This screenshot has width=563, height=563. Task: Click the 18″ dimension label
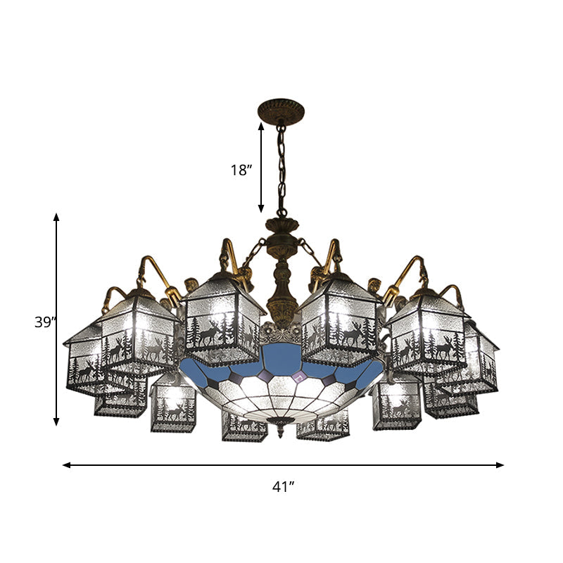[x=241, y=170]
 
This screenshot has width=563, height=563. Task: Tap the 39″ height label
[x=44, y=322]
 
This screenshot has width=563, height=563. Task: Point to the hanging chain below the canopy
[x=282, y=169]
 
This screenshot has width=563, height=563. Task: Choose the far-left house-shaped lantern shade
[x=88, y=359]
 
